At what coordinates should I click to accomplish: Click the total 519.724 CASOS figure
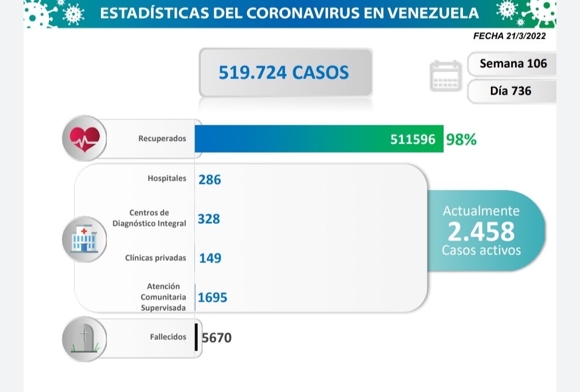284,72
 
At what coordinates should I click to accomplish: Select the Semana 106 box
513,63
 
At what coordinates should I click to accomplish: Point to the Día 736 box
511,90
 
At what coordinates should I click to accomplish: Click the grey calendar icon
445,76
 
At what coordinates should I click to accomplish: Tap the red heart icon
84,138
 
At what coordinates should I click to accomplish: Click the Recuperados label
162,138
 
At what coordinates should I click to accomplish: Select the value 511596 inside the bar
412,139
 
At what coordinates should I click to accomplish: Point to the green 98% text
461,139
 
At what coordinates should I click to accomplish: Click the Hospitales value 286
209,179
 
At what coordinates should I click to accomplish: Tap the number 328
209,219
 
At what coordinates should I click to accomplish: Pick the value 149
210,258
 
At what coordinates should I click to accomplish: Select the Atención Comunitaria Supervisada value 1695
213,297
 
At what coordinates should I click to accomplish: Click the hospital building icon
84,239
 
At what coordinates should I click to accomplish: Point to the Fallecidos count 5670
217,338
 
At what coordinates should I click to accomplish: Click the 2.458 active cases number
481,231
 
